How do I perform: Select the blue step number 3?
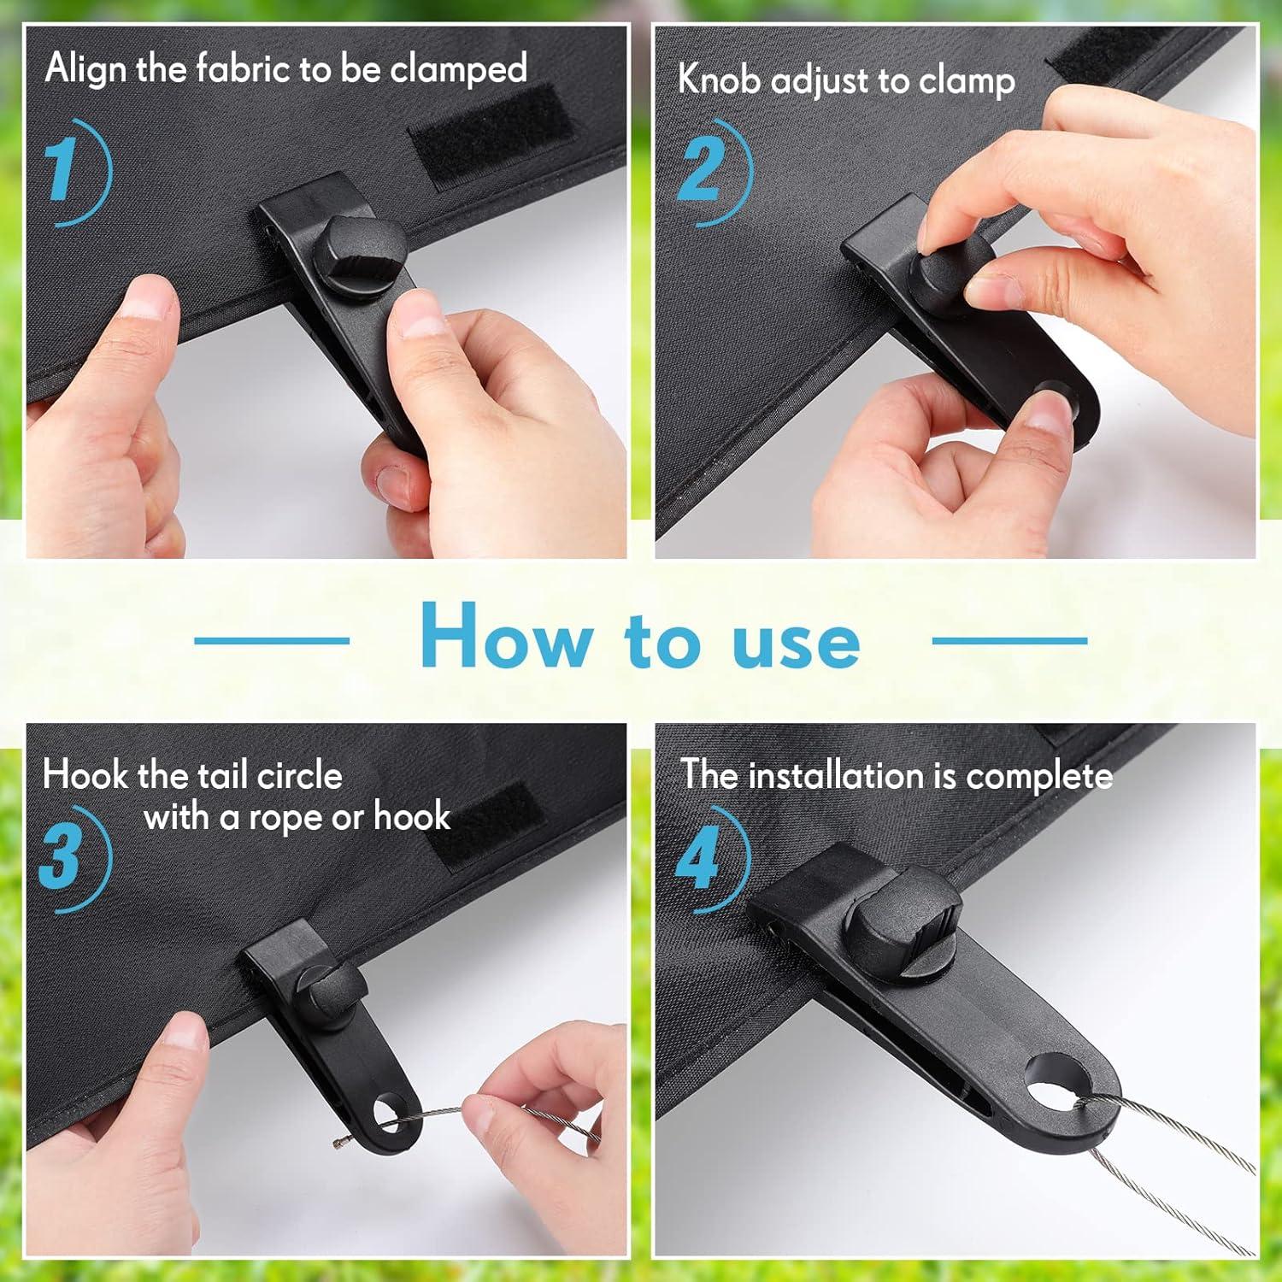pyautogui.click(x=60, y=856)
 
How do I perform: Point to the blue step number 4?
pyautogui.click(x=697, y=856)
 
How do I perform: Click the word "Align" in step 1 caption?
pyautogui.click(x=86, y=69)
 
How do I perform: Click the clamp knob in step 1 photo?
pyautogui.click(x=355, y=254)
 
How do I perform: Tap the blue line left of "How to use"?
pyautogui.click(x=272, y=639)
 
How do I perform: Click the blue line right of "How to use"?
pyautogui.click(x=1009, y=639)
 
